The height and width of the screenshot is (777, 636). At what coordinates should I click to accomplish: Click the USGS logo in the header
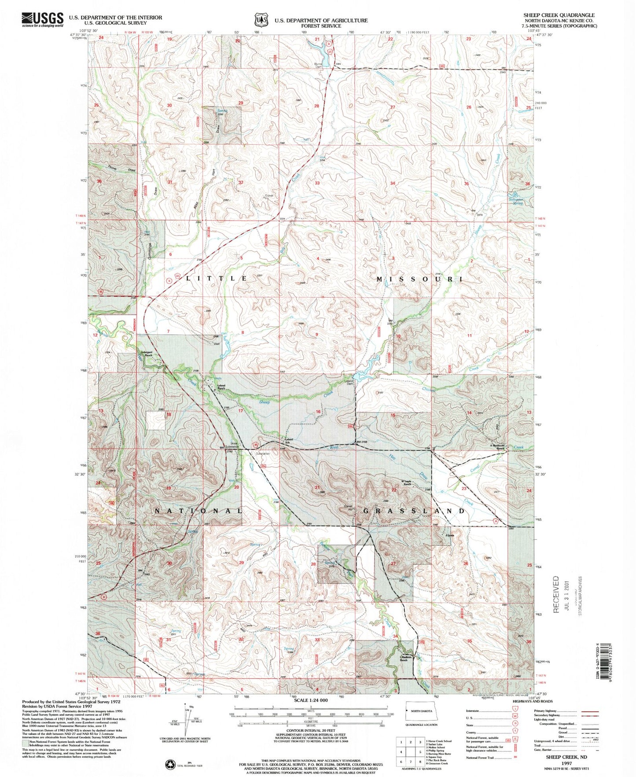pyautogui.click(x=42, y=20)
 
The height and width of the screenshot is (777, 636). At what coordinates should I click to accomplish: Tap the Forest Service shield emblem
pyautogui.click(x=261, y=20)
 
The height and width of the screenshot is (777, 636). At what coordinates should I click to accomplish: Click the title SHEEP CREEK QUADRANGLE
pyautogui.click(x=559, y=15)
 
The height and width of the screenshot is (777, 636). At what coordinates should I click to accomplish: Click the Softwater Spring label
pyautogui.click(x=515, y=201)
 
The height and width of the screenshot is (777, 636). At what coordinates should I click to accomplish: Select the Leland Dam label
pyautogui.click(x=349, y=383)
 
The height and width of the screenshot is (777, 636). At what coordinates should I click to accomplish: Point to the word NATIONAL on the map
pyautogui.click(x=198, y=511)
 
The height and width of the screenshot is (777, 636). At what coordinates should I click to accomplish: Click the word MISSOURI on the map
pyautogui.click(x=419, y=279)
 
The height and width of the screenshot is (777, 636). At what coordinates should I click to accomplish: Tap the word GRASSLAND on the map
pyautogui.click(x=414, y=511)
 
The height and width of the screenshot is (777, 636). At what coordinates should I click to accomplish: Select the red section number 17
pyautogui.click(x=240, y=411)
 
